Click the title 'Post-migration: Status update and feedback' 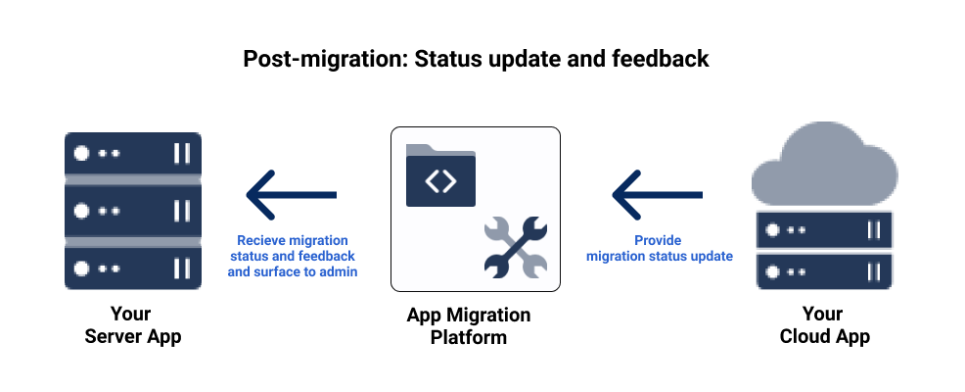476,59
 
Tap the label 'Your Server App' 132,325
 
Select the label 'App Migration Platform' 469,325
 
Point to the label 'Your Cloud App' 824,325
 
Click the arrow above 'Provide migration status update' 657,194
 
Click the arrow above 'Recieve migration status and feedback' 292,194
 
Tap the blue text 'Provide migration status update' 659,248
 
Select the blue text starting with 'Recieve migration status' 292,256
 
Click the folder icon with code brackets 440,176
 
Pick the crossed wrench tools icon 515,246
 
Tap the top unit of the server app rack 133,153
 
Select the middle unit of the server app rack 133,211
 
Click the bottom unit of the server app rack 133,268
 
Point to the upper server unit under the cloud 823,229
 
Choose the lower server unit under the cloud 823,271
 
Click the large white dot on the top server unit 82,154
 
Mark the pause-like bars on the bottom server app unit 181,268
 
